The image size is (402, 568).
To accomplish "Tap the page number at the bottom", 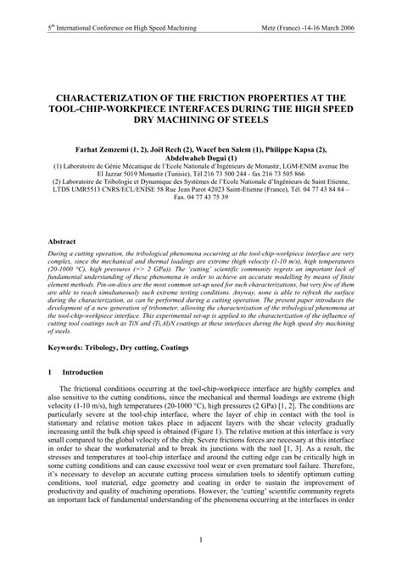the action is pos(201,539).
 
